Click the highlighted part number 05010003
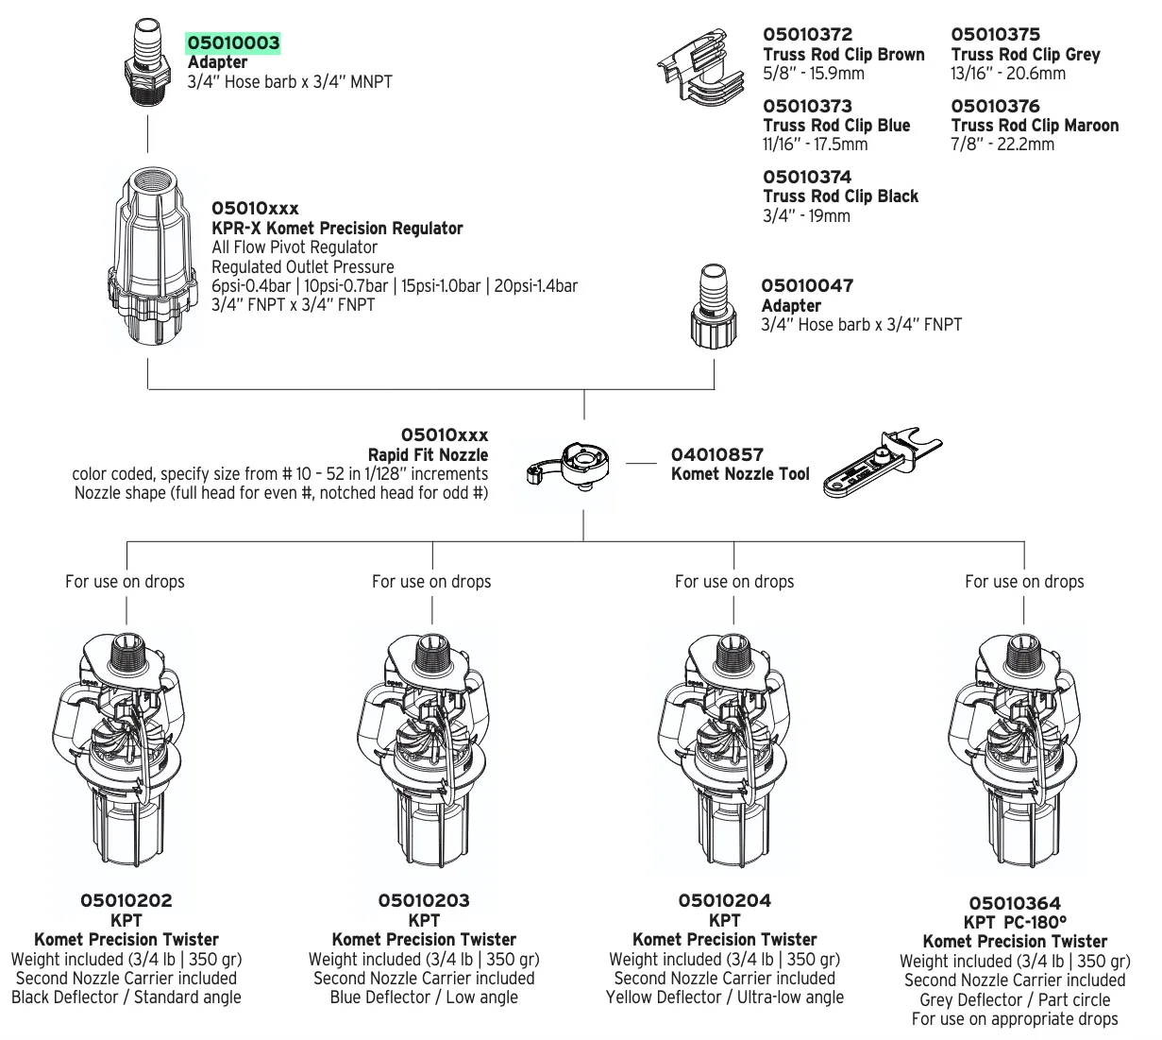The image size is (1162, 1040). (233, 43)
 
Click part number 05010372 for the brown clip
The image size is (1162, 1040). (807, 35)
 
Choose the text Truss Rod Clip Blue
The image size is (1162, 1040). (836, 126)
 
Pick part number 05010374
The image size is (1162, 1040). (807, 177)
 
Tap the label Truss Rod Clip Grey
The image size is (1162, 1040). (1025, 55)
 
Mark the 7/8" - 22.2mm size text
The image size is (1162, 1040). (1002, 145)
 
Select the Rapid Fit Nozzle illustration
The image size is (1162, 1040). (571, 464)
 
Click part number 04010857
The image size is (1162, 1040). (716, 454)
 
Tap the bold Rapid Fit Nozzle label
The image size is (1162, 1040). (428, 455)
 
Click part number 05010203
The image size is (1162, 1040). (424, 901)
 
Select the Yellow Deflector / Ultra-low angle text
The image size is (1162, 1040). (724, 997)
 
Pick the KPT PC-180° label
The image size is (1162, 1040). (1015, 923)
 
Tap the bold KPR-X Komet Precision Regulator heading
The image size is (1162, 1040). (337, 229)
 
